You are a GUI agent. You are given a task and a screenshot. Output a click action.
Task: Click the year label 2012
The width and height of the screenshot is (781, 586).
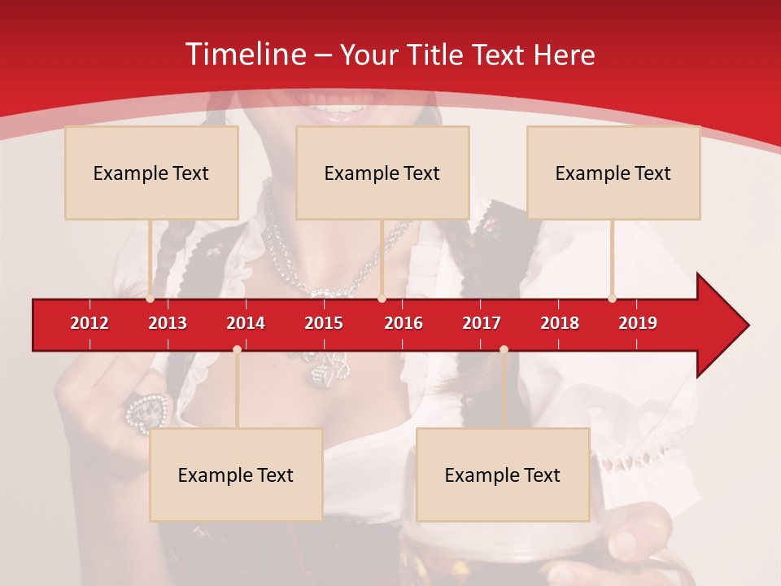(89, 323)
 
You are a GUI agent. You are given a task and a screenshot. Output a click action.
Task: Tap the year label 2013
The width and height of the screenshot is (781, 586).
(168, 323)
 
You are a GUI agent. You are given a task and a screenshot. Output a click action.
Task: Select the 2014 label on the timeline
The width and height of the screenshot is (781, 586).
(246, 323)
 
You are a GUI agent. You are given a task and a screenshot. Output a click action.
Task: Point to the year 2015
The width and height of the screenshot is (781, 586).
(324, 323)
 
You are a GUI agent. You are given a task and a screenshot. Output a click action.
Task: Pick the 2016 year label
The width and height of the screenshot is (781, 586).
(404, 323)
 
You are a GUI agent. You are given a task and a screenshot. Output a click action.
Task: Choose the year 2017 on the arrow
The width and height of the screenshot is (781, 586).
(482, 323)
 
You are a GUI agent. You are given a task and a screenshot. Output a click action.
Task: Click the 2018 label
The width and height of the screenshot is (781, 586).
(560, 323)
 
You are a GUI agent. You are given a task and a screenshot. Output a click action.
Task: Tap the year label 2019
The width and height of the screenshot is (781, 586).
(638, 323)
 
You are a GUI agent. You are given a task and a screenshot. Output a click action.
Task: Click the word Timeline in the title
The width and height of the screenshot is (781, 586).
(244, 55)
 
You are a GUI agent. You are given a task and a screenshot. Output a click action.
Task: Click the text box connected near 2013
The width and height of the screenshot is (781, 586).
(151, 173)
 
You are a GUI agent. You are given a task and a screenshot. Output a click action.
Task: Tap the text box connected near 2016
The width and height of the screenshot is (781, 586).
(382, 173)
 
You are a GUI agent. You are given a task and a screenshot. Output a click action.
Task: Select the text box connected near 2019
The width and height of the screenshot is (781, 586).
(613, 173)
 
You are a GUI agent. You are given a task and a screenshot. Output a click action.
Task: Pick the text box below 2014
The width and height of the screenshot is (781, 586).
(236, 474)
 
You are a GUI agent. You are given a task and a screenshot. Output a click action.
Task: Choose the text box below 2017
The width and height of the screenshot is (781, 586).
(503, 474)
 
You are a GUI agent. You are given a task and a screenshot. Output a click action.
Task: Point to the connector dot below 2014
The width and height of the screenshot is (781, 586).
(237, 350)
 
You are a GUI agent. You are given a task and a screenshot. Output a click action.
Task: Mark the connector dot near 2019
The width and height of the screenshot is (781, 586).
(612, 299)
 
